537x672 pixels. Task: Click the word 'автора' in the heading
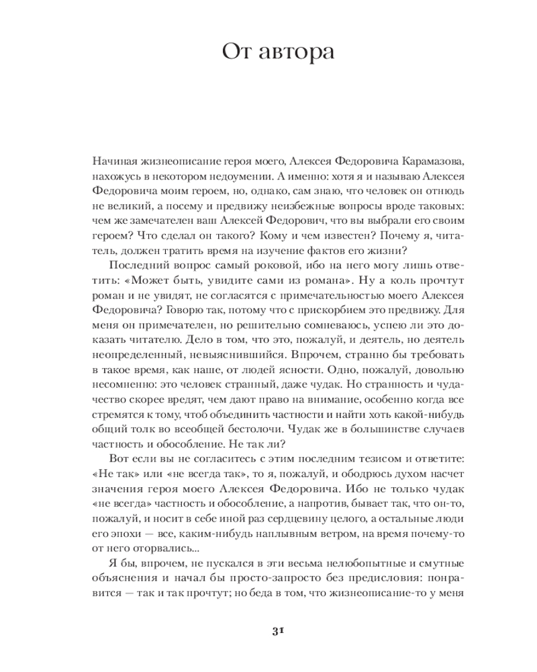coord(295,52)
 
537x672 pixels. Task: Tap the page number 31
coord(277,630)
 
